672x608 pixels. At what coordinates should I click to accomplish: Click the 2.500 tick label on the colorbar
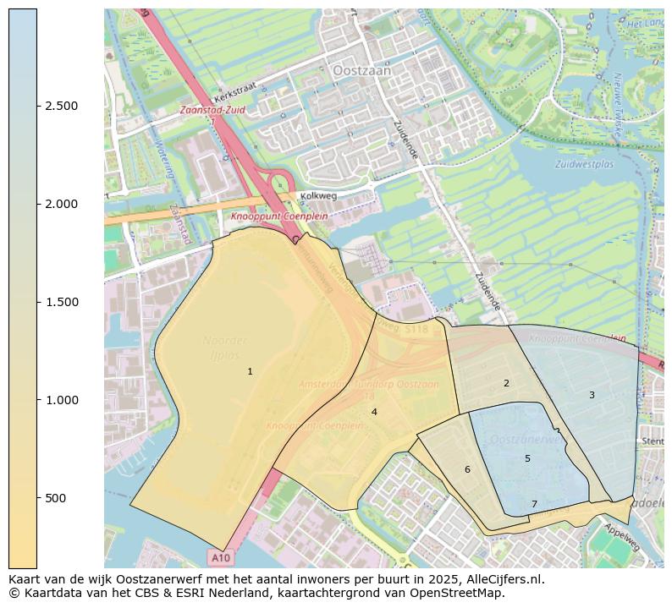click(x=62, y=106)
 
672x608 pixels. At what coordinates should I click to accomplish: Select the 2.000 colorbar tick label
click(x=62, y=204)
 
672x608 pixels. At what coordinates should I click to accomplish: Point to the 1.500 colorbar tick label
click(x=62, y=302)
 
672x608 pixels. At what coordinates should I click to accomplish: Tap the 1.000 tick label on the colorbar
click(x=62, y=400)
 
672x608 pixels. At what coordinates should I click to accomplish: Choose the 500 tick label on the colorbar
click(x=56, y=498)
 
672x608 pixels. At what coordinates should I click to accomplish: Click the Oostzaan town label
click(x=362, y=72)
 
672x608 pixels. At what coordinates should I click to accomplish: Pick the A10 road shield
click(x=220, y=558)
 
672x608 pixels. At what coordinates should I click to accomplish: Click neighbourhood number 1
click(x=250, y=371)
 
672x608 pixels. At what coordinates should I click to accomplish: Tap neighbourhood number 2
click(x=506, y=383)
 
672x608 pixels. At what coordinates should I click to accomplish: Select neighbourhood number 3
click(x=592, y=395)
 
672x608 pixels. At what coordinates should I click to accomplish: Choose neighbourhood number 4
click(x=374, y=412)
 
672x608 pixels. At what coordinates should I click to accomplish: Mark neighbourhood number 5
click(x=527, y=458)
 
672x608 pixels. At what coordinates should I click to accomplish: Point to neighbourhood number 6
click(x=466, y=469)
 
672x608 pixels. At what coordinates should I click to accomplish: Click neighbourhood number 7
click(x=534, y=504)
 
